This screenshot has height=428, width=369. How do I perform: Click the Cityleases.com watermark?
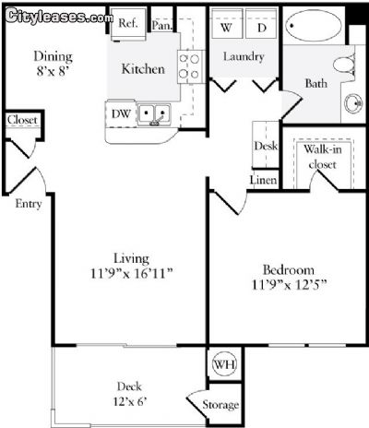tap(59, 17)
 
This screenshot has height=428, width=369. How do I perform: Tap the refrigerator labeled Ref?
tap(128, 23)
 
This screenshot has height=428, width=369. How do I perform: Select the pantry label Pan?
tap(161, 26)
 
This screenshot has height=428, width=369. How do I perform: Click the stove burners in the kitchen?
tap(189, 66)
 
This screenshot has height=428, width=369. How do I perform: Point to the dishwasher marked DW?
tap(121, 114)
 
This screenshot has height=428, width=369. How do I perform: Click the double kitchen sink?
tap(154, 114)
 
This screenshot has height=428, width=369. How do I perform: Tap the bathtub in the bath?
tap(314, 26)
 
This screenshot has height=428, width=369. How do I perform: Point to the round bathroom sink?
tap(353, 103)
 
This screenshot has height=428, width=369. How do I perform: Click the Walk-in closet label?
tap(323, 157)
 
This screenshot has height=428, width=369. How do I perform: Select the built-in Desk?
tap(266, 145)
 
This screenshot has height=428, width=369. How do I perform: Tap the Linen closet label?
tap(263, 180)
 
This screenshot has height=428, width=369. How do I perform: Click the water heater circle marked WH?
tap(225, 364)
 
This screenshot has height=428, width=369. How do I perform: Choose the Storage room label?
tap(220, 405)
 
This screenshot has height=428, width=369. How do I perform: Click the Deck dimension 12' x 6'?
tap(129, 401)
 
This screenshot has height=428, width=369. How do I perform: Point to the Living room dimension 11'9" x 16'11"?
tap(132, 273)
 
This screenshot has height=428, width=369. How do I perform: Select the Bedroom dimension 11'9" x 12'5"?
tap(289, 285)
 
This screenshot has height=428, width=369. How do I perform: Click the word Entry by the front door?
tap(29, 204)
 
